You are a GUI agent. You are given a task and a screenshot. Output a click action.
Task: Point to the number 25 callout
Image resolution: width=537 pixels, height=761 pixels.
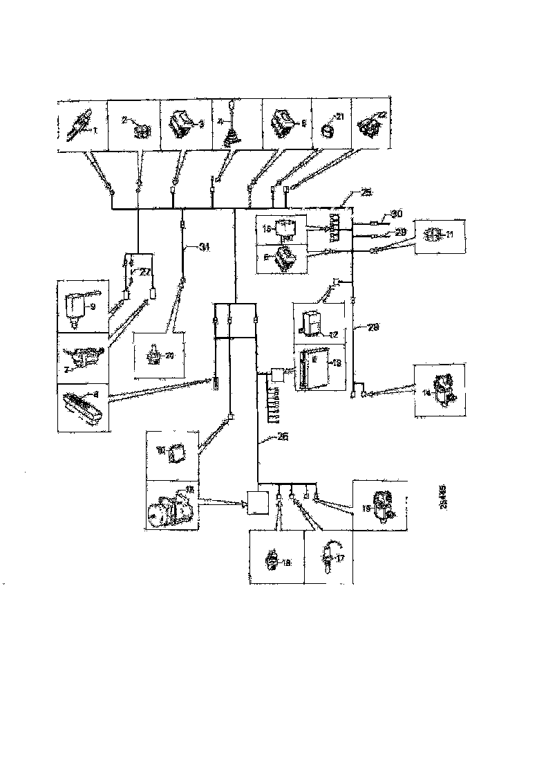pos(366,192)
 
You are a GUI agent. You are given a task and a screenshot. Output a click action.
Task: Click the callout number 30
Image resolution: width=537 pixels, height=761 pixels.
pos(395,214)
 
